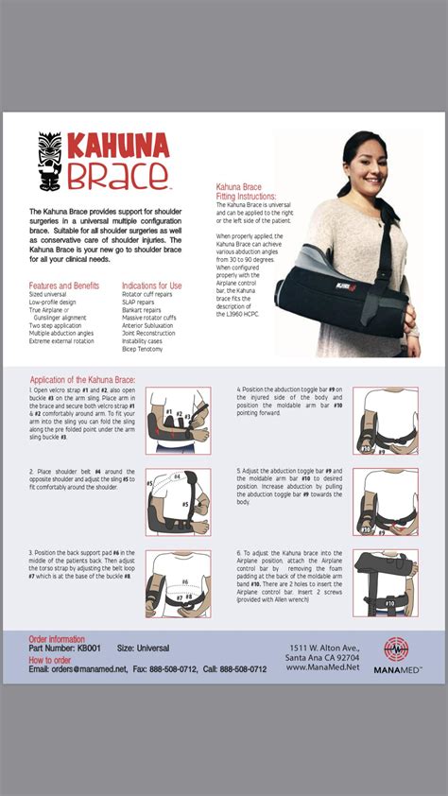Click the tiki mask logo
click(49, 162)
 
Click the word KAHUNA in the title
click(117, 147)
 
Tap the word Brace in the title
click(115, 175)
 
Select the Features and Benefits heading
click(63, 286)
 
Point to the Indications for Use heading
click(151, 286)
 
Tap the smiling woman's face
click(360, 160)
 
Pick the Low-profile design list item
click(54, 301)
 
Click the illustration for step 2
click(178, 500)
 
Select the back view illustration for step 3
click(178, 583)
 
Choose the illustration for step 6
click(385, 583)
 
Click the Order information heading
click(57, 640)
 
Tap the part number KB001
click(88, 649)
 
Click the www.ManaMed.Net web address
click(325, 668)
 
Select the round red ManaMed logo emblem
click(397, 649)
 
